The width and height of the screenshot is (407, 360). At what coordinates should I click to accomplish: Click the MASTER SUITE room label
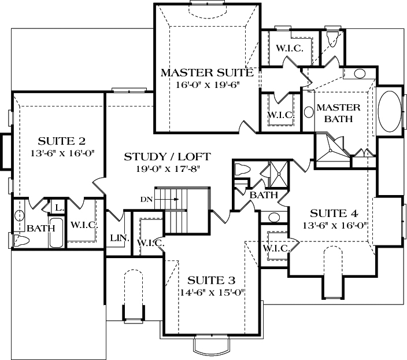pos(206,73)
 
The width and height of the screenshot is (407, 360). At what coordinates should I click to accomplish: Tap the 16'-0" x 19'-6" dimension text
pos(207,85)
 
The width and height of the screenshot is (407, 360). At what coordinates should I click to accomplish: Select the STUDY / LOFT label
pos(167,156)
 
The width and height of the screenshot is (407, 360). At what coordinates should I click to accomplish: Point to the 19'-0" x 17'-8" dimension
pos(168,169)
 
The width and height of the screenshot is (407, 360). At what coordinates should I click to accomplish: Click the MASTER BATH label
pos(338,113)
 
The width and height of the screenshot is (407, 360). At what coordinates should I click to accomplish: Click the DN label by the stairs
pos(147,200)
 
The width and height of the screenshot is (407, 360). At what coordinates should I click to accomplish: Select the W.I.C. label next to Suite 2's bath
pos(83,225)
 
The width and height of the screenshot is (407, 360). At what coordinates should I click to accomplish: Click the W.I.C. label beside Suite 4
pos(275,248)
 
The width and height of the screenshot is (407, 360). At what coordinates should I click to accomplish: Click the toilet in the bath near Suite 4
pos(241,169)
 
